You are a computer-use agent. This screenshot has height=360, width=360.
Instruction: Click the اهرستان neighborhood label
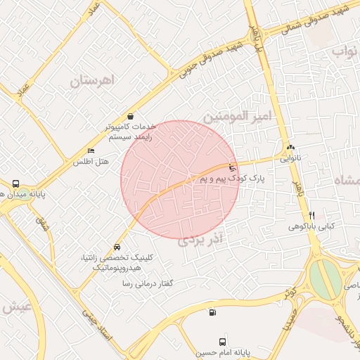[x=92, y=80]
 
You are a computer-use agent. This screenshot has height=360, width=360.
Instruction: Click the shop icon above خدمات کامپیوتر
[x=131, y=117]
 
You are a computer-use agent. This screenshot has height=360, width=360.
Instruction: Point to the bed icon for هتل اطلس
[x=90, y=151]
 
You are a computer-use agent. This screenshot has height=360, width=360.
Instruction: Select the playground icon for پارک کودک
[x=233, y=168]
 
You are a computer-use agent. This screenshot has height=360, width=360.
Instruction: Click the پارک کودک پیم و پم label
[x=233, y=180]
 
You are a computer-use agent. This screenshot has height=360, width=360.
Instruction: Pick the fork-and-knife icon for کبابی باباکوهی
[x=311, y=215]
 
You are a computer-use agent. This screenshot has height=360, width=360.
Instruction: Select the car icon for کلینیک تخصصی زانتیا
[x=117, y=247]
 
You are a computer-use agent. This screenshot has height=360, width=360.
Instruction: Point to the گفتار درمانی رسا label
[x=147, y=283]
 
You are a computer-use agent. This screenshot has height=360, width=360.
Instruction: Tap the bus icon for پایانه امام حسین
[x=223, y=340]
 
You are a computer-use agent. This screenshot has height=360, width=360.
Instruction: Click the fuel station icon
[x=212, y=313]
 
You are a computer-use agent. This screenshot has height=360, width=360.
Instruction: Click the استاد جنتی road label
[x=96, y=324]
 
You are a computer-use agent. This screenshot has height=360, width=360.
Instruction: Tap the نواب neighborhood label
[x=345, y=51]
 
